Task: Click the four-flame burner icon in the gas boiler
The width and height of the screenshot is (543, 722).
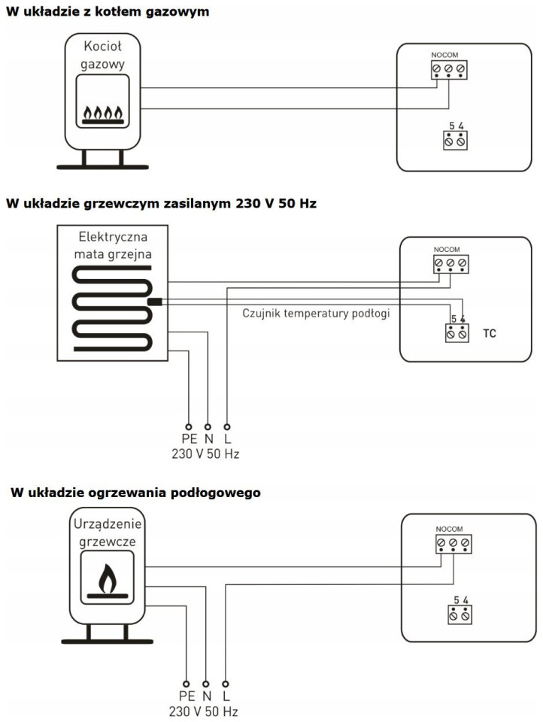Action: pos(102,114)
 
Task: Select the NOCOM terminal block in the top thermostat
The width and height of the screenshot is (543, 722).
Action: pos(449,70)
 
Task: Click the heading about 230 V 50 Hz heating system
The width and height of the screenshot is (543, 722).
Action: pos(161,203)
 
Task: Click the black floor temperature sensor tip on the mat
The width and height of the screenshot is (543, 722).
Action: pos(154,302)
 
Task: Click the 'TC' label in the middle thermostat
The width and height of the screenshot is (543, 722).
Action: pos(490,332)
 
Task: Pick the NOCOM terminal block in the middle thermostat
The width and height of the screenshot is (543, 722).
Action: pos(450,264)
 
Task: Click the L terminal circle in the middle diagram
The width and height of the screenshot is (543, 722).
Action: pos(227,425)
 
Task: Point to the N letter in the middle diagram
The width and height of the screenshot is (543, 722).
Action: pos(208,439)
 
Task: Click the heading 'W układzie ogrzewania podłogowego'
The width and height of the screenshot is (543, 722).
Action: pos(135,493)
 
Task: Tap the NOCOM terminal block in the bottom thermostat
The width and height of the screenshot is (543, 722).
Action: pos(454,542)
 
